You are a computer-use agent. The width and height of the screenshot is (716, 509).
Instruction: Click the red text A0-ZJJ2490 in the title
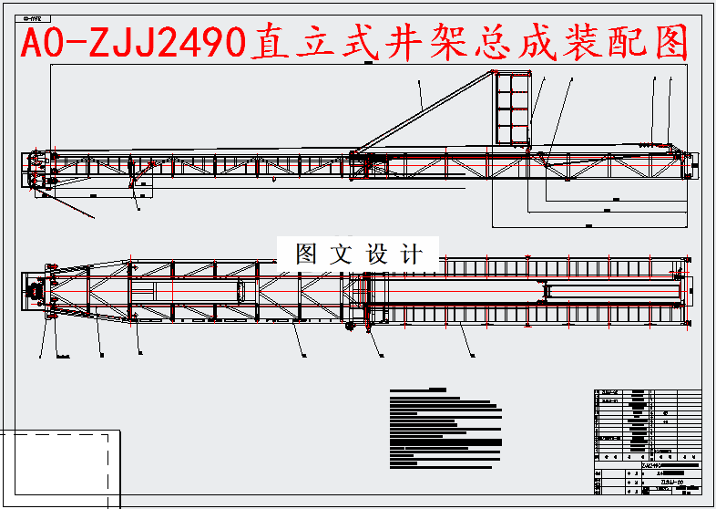coord(133,42)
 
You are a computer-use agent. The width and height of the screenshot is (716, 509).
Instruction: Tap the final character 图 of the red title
coord(670,42)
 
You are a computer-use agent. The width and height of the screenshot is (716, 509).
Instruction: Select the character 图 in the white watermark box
coord(307,254)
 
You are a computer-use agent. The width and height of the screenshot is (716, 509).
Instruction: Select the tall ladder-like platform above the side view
coord(512,109)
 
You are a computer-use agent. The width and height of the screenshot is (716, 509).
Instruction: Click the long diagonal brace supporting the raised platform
coord(424,110)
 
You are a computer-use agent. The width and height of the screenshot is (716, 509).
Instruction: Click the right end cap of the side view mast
coord(695,164)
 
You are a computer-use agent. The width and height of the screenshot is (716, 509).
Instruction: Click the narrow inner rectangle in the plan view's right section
coord(612,291)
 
